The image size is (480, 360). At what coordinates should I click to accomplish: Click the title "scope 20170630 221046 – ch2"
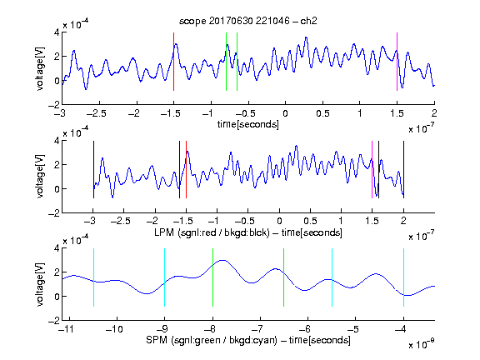248,21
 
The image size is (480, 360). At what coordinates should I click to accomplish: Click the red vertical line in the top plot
173,62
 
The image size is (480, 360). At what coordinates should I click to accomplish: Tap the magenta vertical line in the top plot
397,62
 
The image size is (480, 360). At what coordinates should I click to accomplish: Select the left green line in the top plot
226,62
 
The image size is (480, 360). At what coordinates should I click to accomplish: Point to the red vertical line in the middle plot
186,170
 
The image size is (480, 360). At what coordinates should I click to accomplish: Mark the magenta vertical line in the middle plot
372,170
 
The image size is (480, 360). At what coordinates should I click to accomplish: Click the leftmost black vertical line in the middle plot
93,170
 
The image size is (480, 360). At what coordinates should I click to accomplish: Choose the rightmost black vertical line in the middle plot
404,170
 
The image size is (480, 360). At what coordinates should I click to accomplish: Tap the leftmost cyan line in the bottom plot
93,277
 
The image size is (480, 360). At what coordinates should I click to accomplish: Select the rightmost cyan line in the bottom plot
404,277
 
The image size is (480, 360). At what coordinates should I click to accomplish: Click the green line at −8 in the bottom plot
212,277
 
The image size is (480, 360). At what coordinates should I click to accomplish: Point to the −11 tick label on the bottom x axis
67,329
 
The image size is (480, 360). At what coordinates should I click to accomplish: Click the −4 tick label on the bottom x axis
401,329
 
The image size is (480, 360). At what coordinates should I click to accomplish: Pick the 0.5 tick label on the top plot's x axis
322,113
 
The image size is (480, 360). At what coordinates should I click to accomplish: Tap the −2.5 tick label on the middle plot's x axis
120,221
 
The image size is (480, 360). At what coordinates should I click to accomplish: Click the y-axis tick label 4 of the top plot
57,32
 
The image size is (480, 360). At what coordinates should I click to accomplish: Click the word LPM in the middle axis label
164,232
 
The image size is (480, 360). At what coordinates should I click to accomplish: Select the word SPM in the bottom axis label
157,340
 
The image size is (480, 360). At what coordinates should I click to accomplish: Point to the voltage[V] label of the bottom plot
40,284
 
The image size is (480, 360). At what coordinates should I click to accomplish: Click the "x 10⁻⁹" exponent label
421,344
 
